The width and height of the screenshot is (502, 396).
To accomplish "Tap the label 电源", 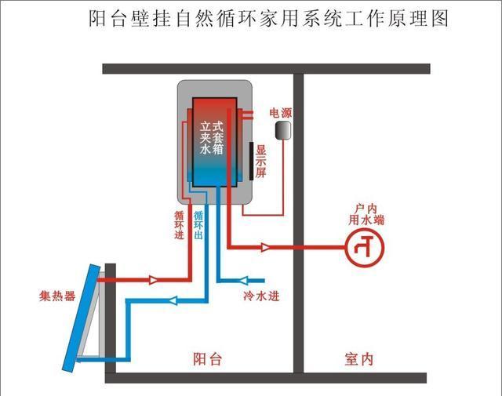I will [x=280, y=113].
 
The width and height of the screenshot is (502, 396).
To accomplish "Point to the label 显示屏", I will [x=261, y=162].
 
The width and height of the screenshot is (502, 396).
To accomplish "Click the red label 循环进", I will [x=179, y=224].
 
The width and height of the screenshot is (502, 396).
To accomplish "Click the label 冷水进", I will [x=261, y=296].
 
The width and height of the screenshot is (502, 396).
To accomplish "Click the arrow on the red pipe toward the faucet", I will [x=267, y=248].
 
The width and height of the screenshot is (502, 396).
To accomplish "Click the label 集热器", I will [x=57, y=296].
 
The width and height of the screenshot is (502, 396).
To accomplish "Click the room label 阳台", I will [x=208, y=359].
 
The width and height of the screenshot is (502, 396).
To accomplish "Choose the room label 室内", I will [x=358, y=359].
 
